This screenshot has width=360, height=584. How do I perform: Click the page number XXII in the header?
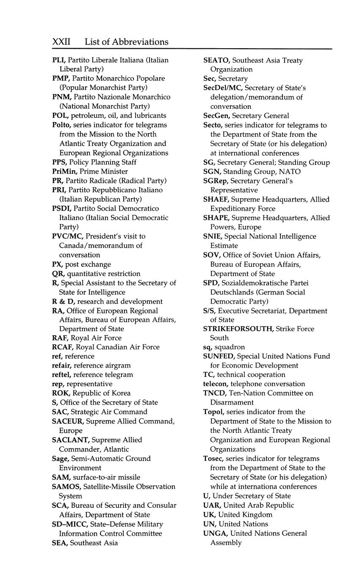[x=61, y=42]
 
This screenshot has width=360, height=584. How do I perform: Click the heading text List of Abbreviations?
[x=126, y=42]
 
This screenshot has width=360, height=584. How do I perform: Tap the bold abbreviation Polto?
[x=61, y=125]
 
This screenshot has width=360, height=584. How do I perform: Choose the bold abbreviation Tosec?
[x=213, y=459]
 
